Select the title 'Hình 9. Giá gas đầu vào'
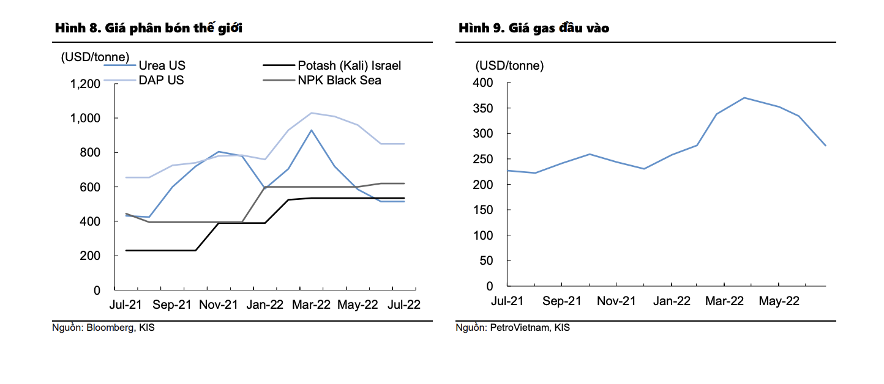[x=534, y=28]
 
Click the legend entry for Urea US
[x=162, y=65]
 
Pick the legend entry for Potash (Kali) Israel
[x=349, y=65]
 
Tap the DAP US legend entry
[x=161, y=80]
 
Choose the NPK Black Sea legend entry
[x=339, y=80]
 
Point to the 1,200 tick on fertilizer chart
[x=86, y=84]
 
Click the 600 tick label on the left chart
[x=91, y=187]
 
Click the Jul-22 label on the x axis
[x=403, y=305]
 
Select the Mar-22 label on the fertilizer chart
[x=312, y=305]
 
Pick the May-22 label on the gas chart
[x=779, y=301]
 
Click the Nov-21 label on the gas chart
[x=616, y=301]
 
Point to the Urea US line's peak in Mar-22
[x=312, y=130]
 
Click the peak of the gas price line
[x=744, y=98]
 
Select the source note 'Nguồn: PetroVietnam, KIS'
[x=512, y=328]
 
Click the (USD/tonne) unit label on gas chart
[x=509, y=65]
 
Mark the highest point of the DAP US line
[x=312, y=113]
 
